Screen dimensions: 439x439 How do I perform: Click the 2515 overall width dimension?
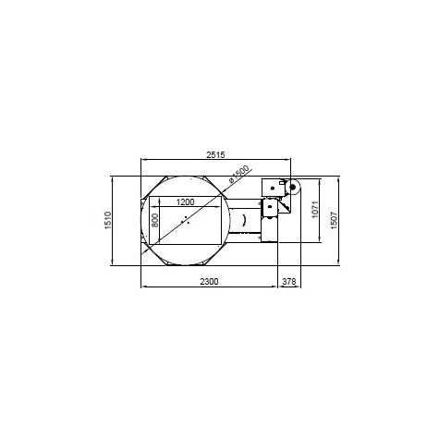pos(215,154)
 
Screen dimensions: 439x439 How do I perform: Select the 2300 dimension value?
pos(209,282)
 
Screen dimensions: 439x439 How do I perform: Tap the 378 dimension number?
pos(289,282)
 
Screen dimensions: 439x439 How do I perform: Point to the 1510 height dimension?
pos(108,220)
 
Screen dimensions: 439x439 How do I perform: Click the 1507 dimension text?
pos(334,220)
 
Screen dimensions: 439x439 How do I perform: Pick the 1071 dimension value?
pos(315,210)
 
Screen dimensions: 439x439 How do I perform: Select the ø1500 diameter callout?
pos(239,174)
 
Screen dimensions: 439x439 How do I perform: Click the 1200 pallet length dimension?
pos(185,202)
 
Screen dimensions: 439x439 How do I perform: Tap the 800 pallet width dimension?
pos(155,220)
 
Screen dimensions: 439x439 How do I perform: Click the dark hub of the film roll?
pos(292,187)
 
